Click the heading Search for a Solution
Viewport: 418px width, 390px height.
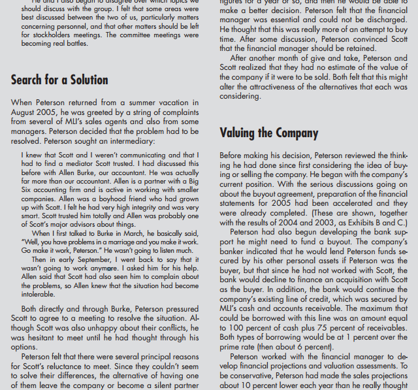(x=59, y=80)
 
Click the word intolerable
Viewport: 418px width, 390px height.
(x=39, y=293)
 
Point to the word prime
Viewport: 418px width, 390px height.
(x=232, y=346)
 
